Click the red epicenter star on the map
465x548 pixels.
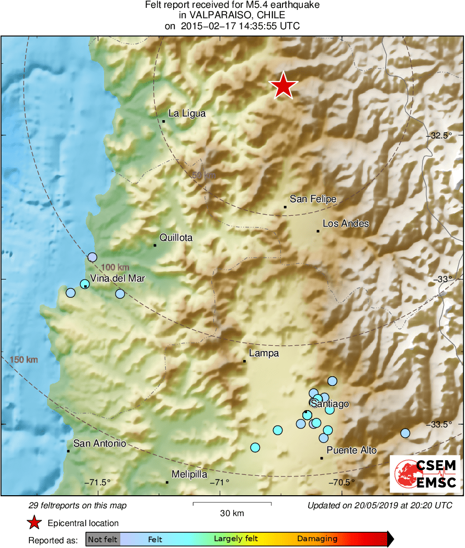[283, 85]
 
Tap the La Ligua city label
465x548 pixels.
[187, 113]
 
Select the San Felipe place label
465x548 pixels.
[313, 199]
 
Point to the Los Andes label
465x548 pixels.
[345, 224]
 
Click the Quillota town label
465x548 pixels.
[176, 238]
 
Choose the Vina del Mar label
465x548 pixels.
[117, 278]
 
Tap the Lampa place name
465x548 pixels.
[264, 353]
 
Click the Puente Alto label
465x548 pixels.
[351, 450]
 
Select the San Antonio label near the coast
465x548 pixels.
[99, 444]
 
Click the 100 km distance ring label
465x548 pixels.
[115, 267]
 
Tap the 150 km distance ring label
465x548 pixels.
[24, 359]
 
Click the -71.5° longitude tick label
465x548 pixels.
[97, 482]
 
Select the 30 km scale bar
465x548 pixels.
[232, 504]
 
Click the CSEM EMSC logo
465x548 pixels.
[425, 474]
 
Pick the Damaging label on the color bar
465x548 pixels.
[317, 539]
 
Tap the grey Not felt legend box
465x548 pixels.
[103, 539]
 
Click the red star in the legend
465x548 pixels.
[35, 522]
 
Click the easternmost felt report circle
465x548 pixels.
[405, 433]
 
